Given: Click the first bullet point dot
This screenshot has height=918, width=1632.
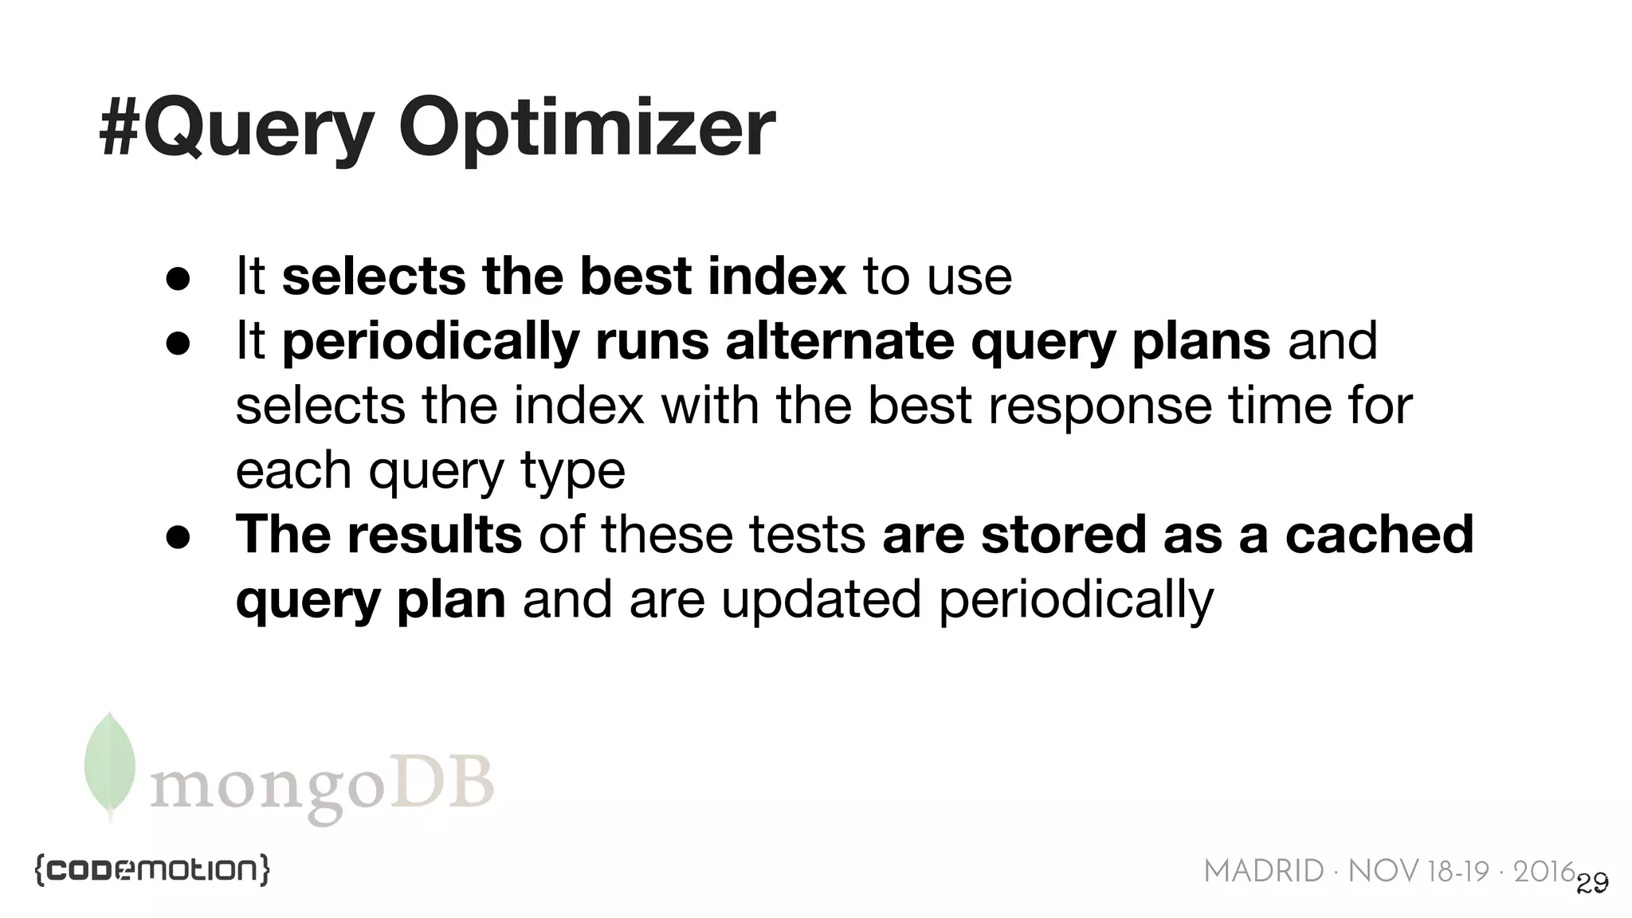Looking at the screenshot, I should pos(178,279).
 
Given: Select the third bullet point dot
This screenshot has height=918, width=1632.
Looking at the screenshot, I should pos(178,537).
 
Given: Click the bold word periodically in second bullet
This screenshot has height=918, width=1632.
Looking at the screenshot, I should pos(430,343).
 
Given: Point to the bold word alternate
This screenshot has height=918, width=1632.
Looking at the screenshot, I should pos(839,341).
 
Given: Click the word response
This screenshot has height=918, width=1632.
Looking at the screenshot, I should pos(1100,406).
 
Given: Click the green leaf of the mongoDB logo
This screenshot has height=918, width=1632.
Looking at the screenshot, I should pos(110,763).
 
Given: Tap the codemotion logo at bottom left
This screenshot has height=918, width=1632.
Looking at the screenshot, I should pos(152,869).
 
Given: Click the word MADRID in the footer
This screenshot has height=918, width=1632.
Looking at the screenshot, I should pos(1263,872).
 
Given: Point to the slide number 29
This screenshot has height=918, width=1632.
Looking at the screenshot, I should pos(1592,883).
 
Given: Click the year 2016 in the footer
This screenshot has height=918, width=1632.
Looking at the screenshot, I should pos(1544,872).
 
